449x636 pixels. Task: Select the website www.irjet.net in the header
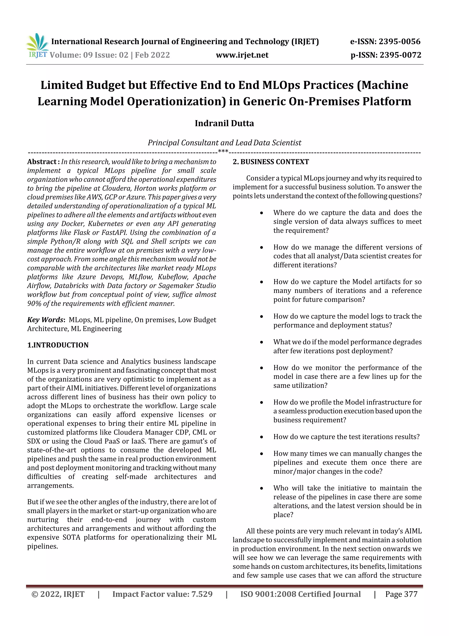(x=242, y=55)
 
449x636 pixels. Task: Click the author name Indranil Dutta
(x=224, y=123)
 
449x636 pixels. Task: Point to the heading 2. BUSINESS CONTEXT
(x=271, y=162)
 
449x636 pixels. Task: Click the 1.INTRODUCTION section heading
(x=58, y=345)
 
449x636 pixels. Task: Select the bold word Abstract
(x=42, y=162)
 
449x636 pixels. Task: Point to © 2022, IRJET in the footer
(x=58, y=594)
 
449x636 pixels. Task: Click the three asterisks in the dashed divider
(x=223, y=151)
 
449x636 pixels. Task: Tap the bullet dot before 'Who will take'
(x=261, y=488)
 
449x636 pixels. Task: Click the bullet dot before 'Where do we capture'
(x=261, y=213)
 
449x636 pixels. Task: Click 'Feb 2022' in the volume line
(x=152, y=55)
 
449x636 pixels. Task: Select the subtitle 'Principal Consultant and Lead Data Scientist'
(x=224, y=143)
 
